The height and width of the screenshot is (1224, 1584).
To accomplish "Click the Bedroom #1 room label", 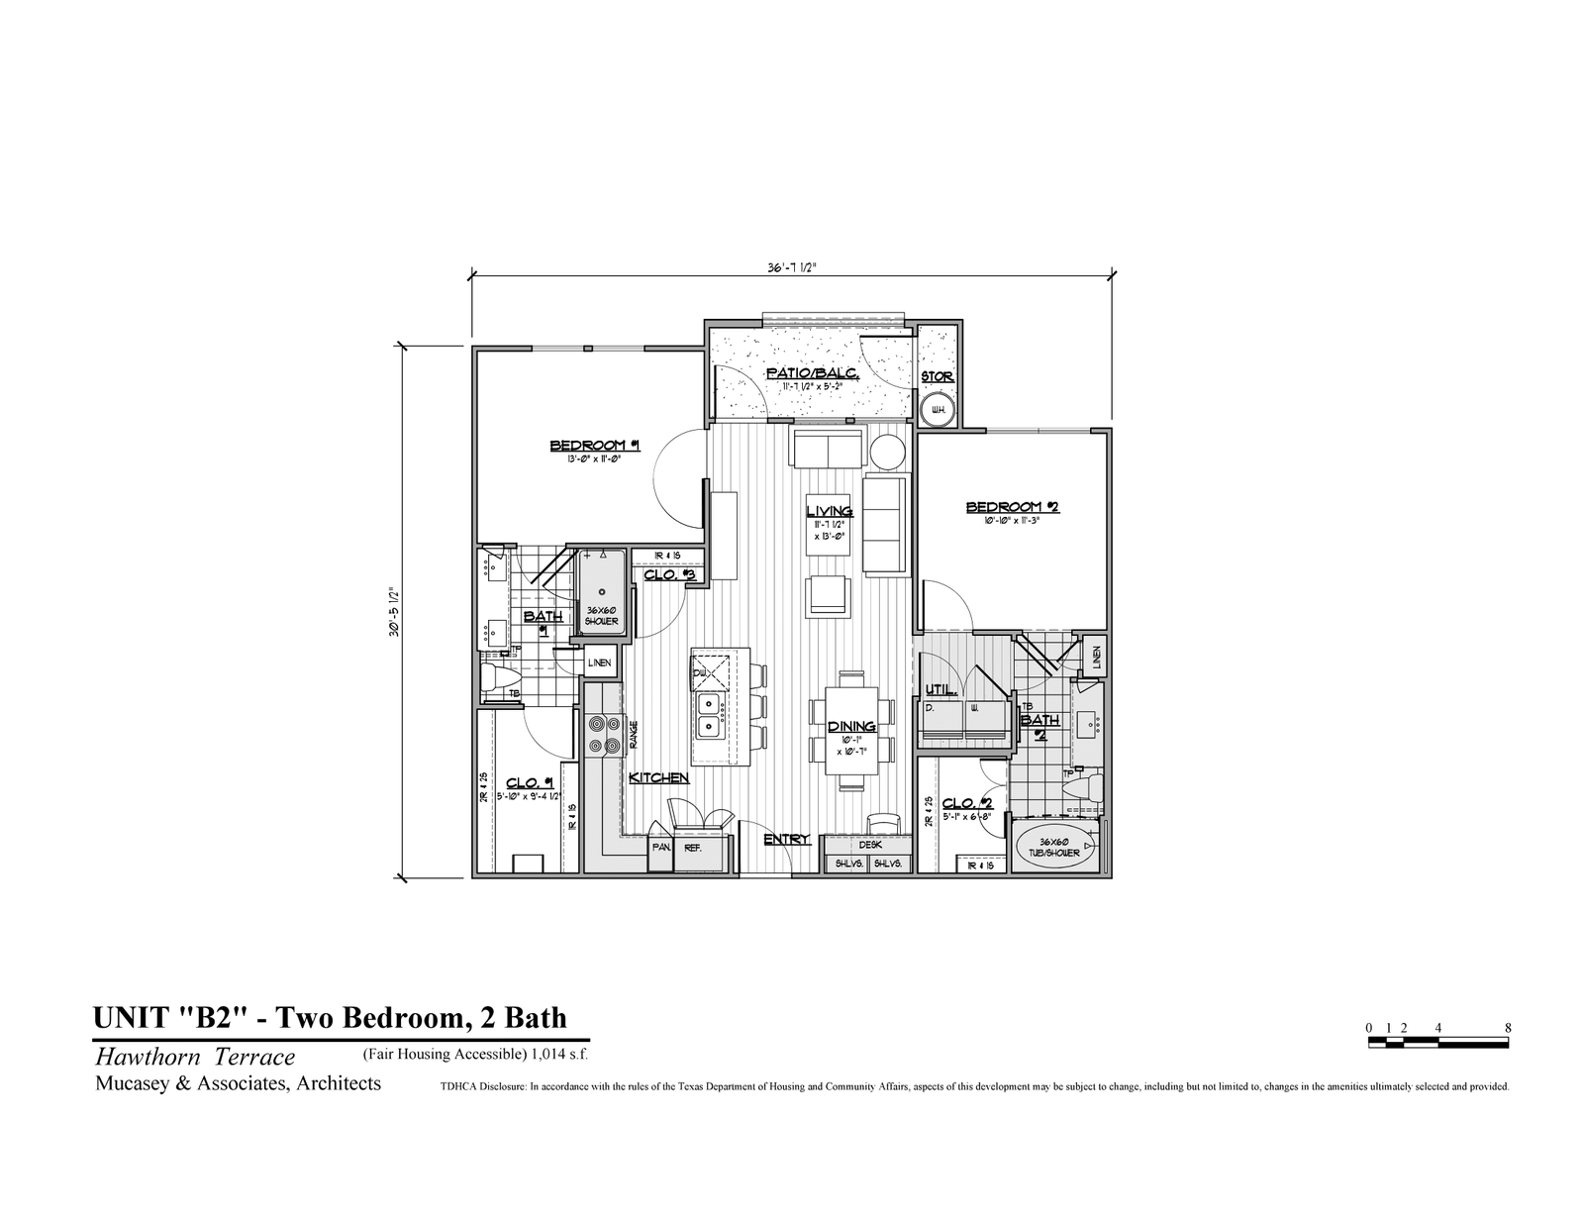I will (x=595, y=446).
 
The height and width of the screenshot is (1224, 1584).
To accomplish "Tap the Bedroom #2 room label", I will (x=1013, y=507).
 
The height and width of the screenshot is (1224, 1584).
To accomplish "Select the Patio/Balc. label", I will (x=812, y=373).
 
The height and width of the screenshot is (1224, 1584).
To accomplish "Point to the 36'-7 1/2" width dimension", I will (x=791, y=266).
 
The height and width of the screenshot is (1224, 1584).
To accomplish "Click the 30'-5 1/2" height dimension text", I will (x=393, y=612).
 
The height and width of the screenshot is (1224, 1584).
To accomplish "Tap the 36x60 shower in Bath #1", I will (x=601, y=592).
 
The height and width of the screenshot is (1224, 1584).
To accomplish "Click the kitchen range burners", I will (x=603, y=734).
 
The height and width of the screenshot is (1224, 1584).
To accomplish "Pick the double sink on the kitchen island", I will (x=710, y=715).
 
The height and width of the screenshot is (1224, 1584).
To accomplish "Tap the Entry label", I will (x=787, y=839).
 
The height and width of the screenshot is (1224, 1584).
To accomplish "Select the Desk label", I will (x=870, y=845).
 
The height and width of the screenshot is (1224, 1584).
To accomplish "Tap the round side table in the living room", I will (x=887, y=452).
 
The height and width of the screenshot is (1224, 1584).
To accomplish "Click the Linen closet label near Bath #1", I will (x=599, y=663).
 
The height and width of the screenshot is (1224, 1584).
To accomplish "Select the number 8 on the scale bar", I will (x=1508, y=1028).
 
